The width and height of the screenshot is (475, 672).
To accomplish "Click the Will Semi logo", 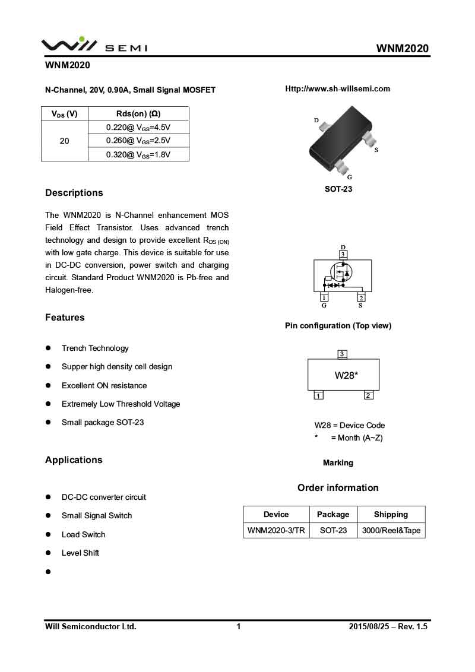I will (x=94, y=45).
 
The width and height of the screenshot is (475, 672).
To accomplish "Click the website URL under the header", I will (x=337, y=89).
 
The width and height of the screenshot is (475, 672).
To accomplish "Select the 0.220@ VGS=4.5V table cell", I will (x=138, y=127).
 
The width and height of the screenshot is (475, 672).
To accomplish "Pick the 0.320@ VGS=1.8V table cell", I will (x=138, y=155).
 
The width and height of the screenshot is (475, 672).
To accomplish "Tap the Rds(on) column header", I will (x=138, y=113).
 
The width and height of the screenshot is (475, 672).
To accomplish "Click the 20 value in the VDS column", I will (x=64, y=141).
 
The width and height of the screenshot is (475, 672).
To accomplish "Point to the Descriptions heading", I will (x=74, y=193).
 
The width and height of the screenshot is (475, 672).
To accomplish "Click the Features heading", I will (x=65, y=318).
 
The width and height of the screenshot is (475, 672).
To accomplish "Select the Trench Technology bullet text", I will (x=95, y=348).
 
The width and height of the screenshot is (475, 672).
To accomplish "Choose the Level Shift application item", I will (x=80, y=553).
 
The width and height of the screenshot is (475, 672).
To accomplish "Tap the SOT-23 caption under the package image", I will (x=338, y=189).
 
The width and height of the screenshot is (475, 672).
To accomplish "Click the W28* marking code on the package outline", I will (x=346, y=375).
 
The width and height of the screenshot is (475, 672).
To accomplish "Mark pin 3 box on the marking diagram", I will (x=342, y=354).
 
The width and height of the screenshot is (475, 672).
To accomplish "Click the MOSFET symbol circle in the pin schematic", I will (x=341, y=272).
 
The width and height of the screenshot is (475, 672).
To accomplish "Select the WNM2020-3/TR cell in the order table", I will (x=276, y=531).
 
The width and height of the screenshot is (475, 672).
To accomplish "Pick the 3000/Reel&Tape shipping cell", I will (x=391, y=531).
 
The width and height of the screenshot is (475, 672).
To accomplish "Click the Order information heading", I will (x=338, y=488).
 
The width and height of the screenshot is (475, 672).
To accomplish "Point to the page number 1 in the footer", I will (x=239, y=626).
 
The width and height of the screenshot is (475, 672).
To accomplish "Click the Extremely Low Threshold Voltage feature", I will (x=121, y=404).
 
